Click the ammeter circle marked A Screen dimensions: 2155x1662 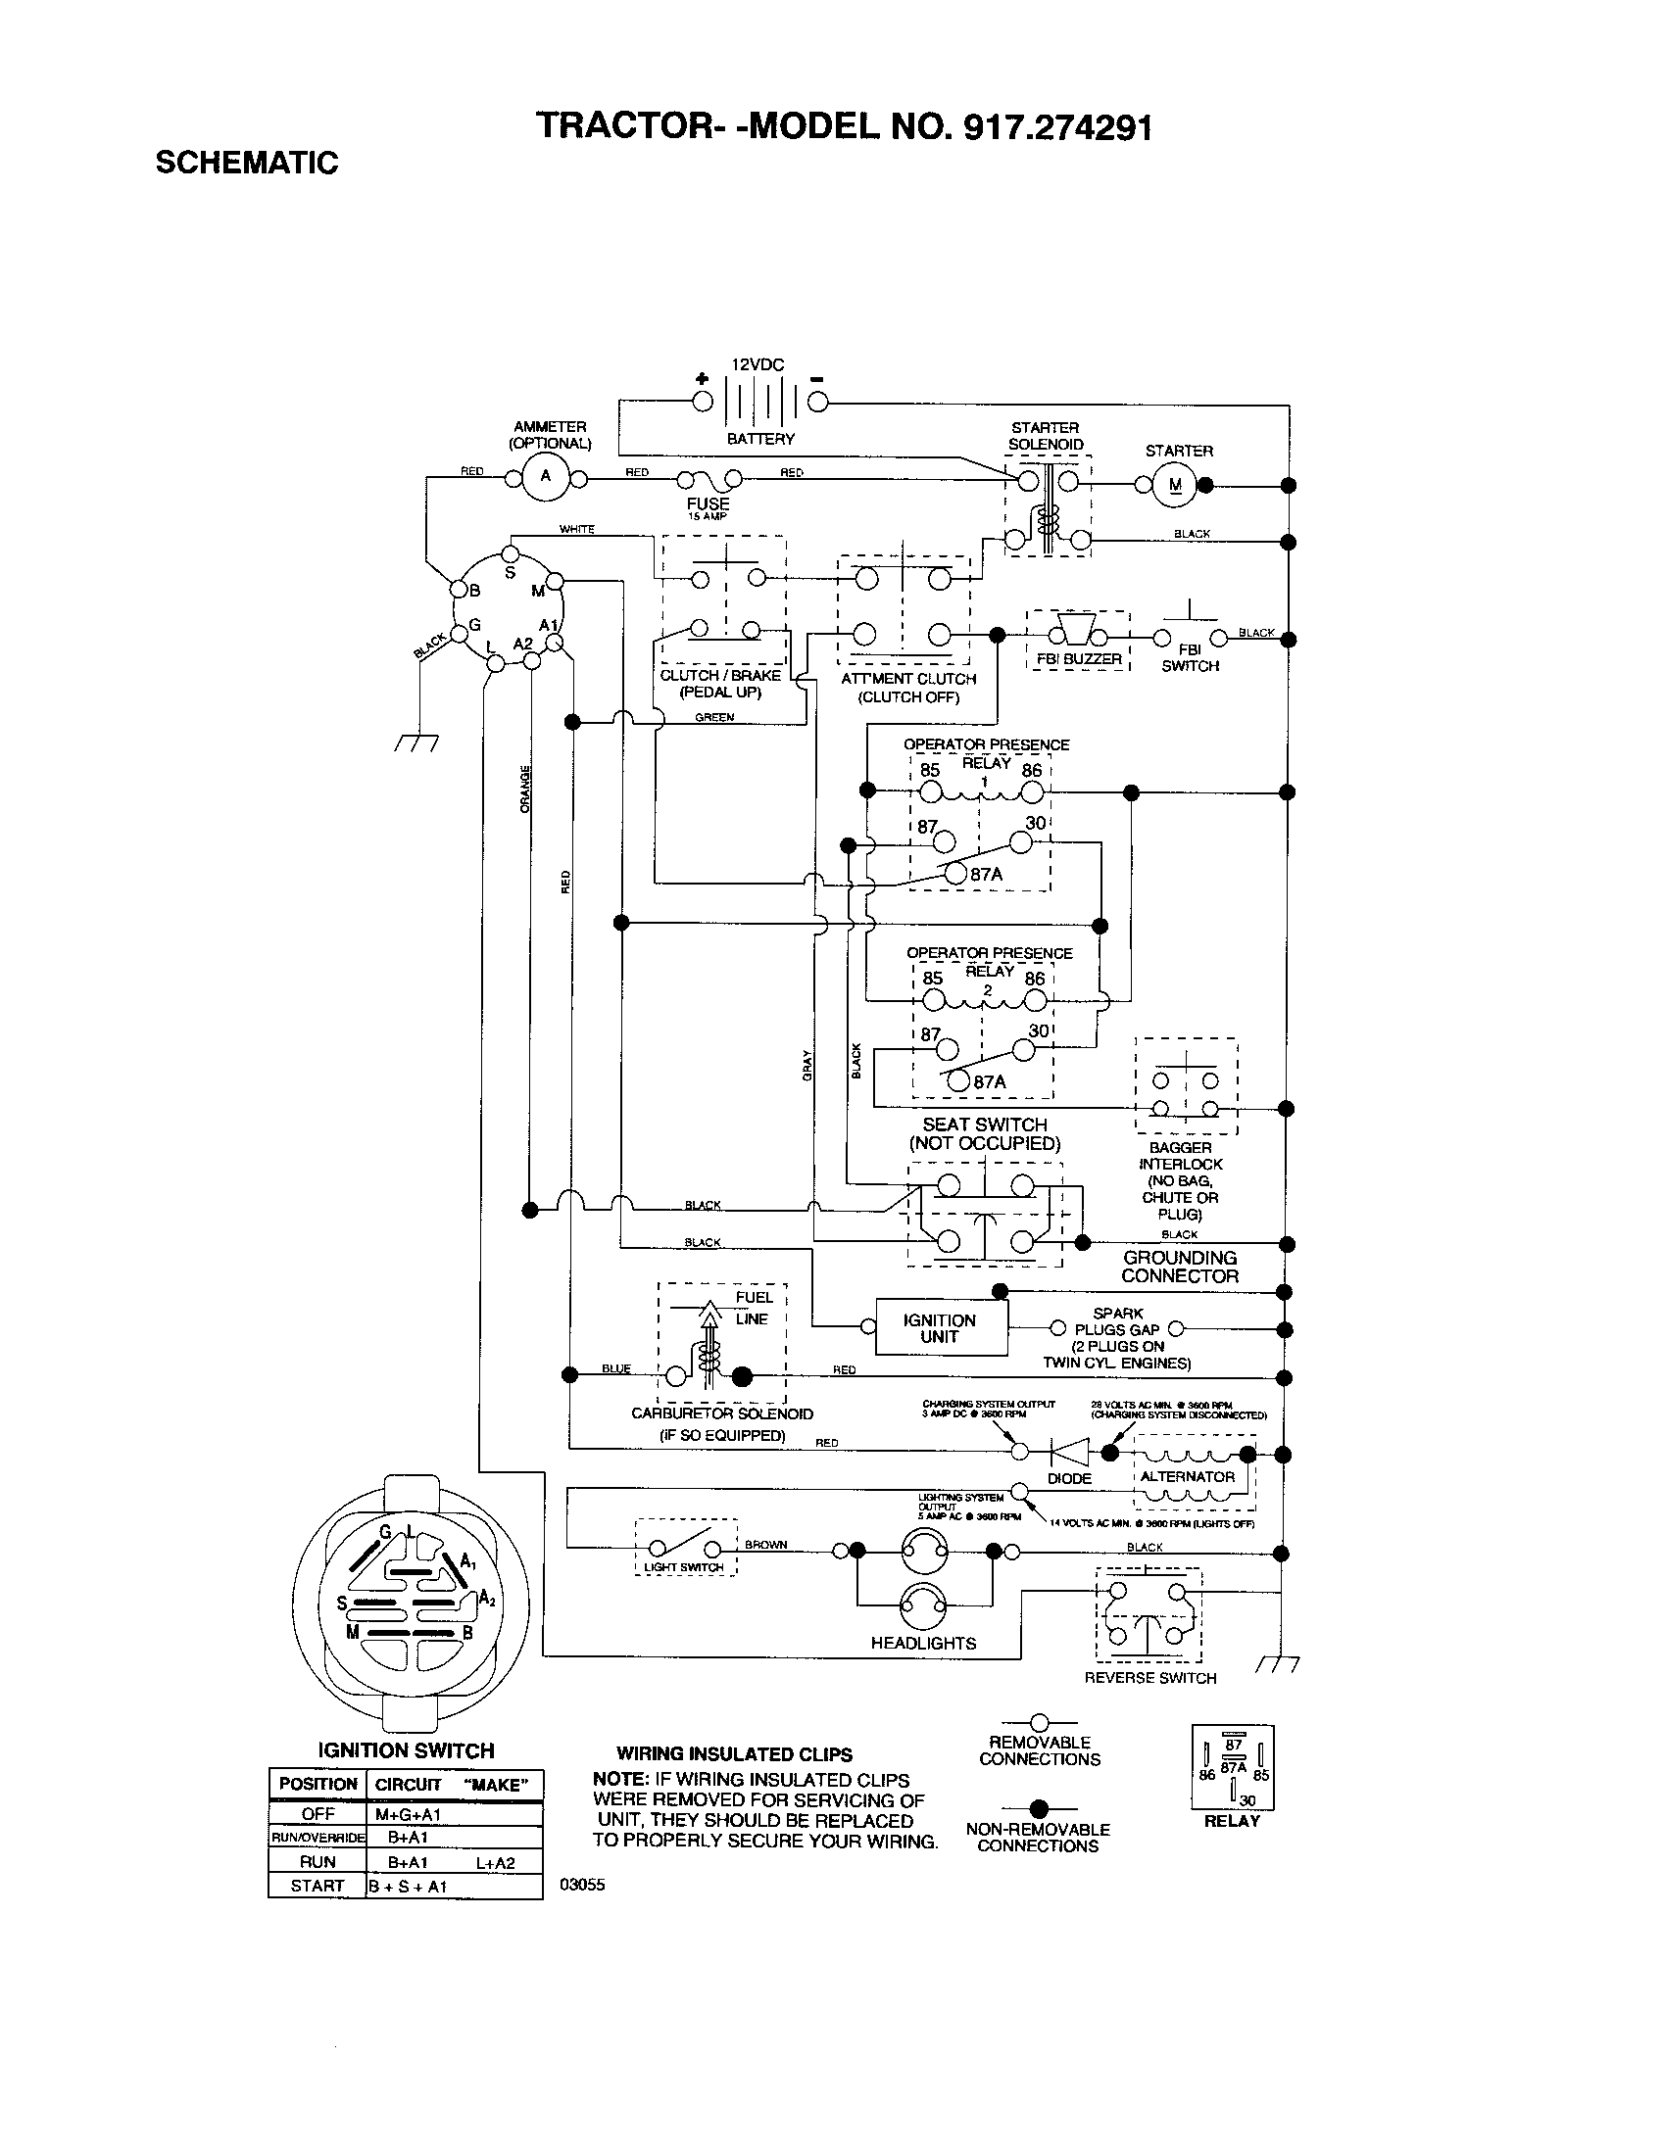point(545,479)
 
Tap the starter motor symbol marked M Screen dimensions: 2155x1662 point(1174,485)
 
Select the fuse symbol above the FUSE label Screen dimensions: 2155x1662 point(709,480)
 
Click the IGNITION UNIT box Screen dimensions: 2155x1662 point(940,1328)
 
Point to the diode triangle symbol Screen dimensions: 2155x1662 point(1070,1452)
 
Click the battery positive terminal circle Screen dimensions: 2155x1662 point(702,402)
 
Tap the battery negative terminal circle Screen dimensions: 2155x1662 point(818,402)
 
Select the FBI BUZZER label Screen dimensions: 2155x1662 point(1079,658)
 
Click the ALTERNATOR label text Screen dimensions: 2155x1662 point(1188,1477)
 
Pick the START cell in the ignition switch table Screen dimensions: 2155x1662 point(318,1886)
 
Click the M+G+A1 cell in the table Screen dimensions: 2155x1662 point(408,1813)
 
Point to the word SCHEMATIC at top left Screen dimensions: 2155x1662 point(247,163)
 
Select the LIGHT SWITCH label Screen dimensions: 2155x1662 point(684,1567)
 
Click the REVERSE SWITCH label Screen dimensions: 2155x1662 point(1149,1677)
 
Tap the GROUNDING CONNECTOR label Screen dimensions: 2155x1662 point(1180,1267)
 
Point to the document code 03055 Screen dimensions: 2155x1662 point(582,1885)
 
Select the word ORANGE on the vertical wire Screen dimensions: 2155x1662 point(525,789)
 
